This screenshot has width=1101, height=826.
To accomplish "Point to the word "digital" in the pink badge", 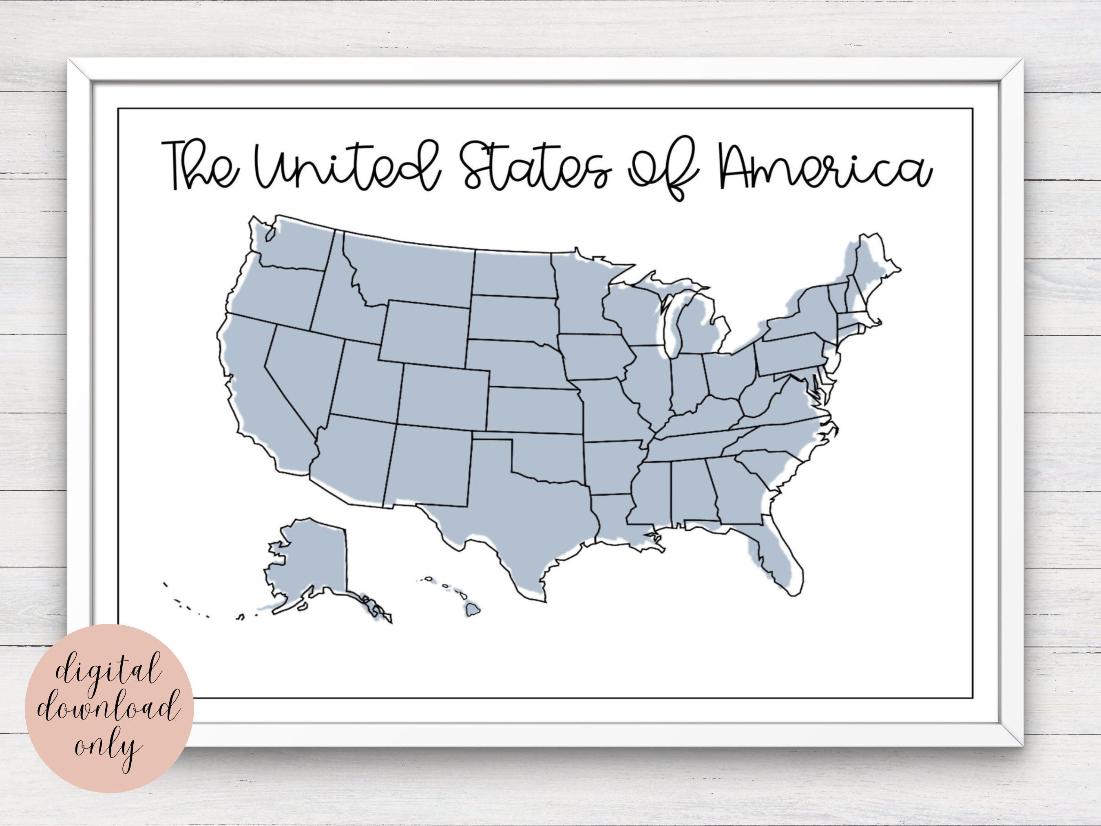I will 108,670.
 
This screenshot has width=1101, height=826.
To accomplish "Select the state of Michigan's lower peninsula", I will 697,329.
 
